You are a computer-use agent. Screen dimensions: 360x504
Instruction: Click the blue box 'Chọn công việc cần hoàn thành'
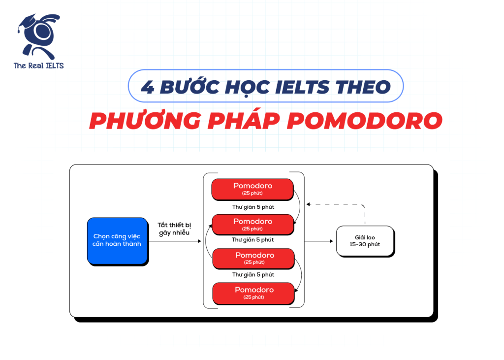pyautogui.click(x=117, y=240)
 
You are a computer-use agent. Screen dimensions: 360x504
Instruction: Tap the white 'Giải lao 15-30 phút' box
pyautogui.click(x=365, y=240)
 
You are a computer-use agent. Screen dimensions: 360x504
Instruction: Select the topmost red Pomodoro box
pyautogui.click(x=252, y=189)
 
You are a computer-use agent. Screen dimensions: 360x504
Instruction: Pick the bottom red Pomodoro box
pyautogui.click(x=252, y=293)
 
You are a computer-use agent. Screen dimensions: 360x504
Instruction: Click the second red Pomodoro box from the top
pyautogui.click(x=252, y=224)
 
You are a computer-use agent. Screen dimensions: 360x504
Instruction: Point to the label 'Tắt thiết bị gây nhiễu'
pyautogui.click(x=174, y=229)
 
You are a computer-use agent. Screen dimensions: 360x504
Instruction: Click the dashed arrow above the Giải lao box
pyautogui.click(x=340, y=204)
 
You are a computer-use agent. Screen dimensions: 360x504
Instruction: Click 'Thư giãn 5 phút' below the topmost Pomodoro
pyautogui.click(x=253, y=207)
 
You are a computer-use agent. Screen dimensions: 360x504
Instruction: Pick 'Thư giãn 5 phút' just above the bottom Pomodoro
pyautogui.click(x=253, y=275)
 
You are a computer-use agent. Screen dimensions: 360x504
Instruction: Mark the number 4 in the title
pyautogui.click(x=147, y=87)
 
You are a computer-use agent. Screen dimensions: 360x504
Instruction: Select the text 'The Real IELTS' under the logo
pyautogui.click(x=39, y=66)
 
